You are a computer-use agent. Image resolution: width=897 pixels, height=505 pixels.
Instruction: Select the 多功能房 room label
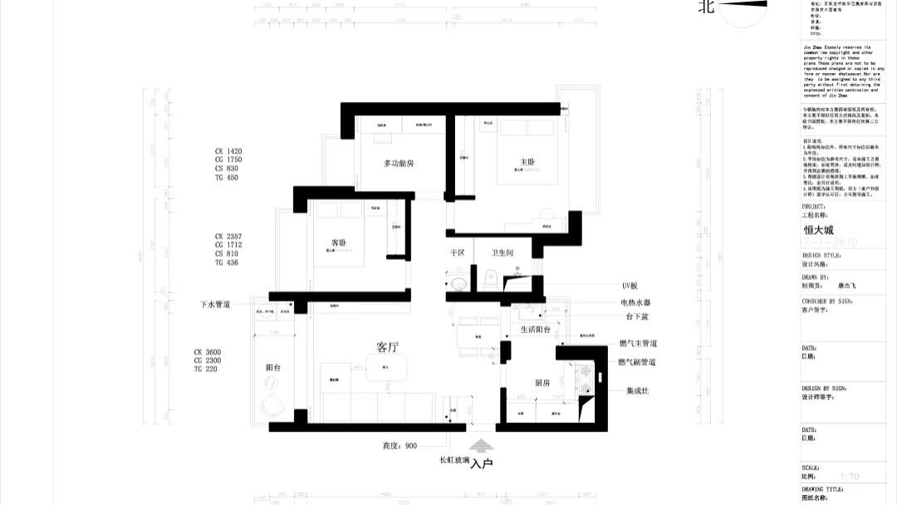399,164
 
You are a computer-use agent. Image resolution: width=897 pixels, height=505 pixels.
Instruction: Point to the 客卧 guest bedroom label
338,243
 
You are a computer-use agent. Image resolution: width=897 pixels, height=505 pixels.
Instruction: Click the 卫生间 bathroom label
502,252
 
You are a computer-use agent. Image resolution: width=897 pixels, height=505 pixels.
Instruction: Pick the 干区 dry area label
456,252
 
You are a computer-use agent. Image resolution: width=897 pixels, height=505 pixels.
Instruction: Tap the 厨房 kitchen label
543,383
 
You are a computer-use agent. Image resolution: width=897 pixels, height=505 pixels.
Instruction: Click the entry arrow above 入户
482,446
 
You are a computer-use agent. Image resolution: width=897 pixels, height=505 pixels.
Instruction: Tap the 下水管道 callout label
215,305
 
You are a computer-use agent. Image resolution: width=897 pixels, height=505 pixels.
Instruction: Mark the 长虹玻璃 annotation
454,459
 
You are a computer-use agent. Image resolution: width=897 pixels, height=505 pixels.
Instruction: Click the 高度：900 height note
399,446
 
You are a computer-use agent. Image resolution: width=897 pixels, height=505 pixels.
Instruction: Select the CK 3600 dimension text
208,352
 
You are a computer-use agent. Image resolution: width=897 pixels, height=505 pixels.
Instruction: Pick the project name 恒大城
818,231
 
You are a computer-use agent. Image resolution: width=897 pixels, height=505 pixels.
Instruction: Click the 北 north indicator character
707,7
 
